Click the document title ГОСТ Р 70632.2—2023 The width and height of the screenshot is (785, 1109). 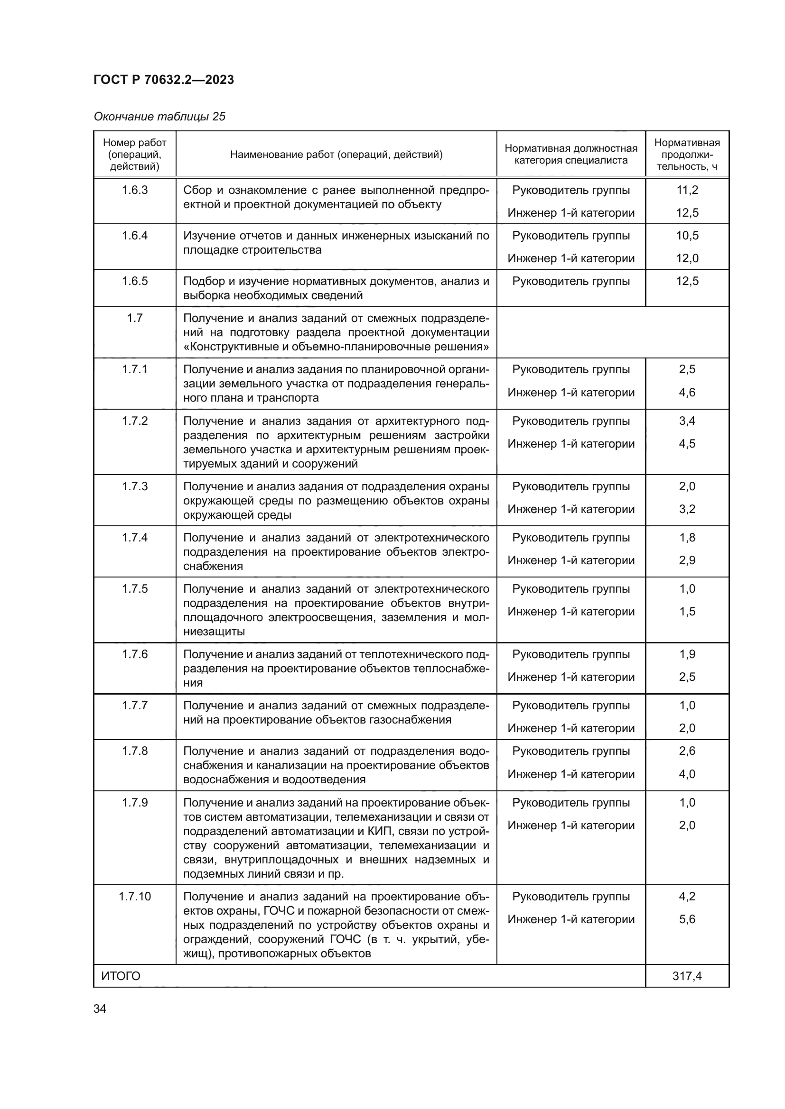click(163, 80)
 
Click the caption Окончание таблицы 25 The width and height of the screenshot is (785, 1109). click(159, 117)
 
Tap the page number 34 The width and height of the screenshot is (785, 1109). click(100, 1008)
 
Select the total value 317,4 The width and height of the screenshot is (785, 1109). click(686, 976)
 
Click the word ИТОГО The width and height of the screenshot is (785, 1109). click(121, 976)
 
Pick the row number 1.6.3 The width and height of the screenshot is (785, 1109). click(134, 190)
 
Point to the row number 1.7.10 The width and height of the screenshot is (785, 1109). click(134, 897)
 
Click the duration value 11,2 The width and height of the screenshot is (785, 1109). click(687, 190)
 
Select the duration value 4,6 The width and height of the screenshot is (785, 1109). click(687, 392)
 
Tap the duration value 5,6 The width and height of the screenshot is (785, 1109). click(687, 919)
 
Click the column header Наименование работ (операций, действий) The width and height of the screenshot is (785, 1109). click(336, 155)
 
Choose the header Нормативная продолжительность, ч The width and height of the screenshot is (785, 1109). click(686, 155)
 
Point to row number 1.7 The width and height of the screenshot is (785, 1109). click(134, 318)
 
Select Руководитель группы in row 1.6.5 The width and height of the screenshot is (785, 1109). click(571, 281)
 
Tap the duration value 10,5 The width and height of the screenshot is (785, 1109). click(687, 235)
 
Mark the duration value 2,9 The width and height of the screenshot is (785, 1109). click(687, 560)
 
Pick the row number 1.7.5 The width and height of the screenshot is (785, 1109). click(134, 589)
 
